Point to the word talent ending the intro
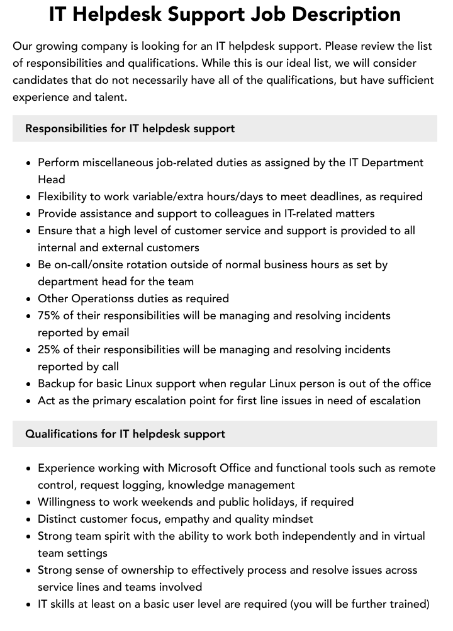click(108, 97)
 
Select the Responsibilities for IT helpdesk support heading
click(130, 128)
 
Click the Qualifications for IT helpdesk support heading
click(125, 434)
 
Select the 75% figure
click(50, 315)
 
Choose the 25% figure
click(50, 350)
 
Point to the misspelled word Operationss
click(101, 298)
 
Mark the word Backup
click(57, 384)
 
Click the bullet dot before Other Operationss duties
click(29, 299)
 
